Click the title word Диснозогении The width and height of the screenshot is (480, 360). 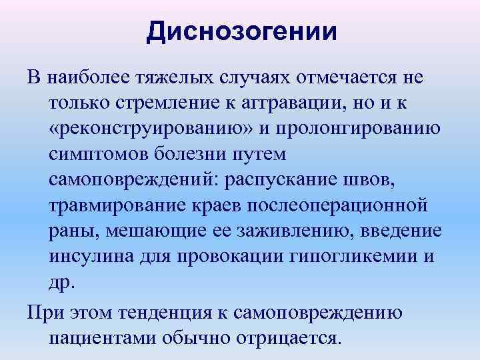241,31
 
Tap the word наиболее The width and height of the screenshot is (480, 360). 83,78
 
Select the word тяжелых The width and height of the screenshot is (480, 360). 166,78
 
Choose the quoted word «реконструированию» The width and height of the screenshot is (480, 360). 151,129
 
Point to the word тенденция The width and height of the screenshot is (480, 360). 176,311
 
